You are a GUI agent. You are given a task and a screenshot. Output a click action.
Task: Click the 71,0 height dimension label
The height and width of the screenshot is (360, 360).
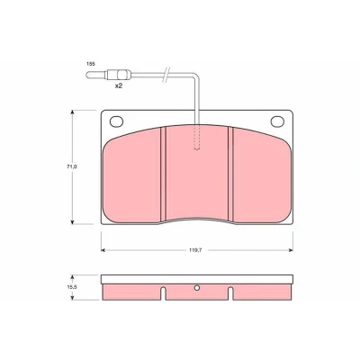72,166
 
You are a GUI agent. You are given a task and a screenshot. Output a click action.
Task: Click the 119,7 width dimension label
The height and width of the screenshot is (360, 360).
194,250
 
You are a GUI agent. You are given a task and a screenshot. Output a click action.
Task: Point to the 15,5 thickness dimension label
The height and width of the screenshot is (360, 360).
72,287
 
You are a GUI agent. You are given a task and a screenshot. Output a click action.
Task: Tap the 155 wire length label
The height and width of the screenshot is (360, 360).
91,64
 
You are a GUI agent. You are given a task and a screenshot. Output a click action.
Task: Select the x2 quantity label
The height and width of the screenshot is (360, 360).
119,85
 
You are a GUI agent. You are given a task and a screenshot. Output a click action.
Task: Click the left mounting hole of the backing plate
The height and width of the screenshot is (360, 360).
117,121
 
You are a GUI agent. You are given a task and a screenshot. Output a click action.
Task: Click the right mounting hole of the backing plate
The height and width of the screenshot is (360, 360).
277,121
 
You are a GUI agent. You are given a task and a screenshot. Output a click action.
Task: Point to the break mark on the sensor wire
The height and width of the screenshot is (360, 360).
166,74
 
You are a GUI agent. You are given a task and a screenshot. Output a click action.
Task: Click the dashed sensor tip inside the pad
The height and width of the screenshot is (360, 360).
197,138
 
